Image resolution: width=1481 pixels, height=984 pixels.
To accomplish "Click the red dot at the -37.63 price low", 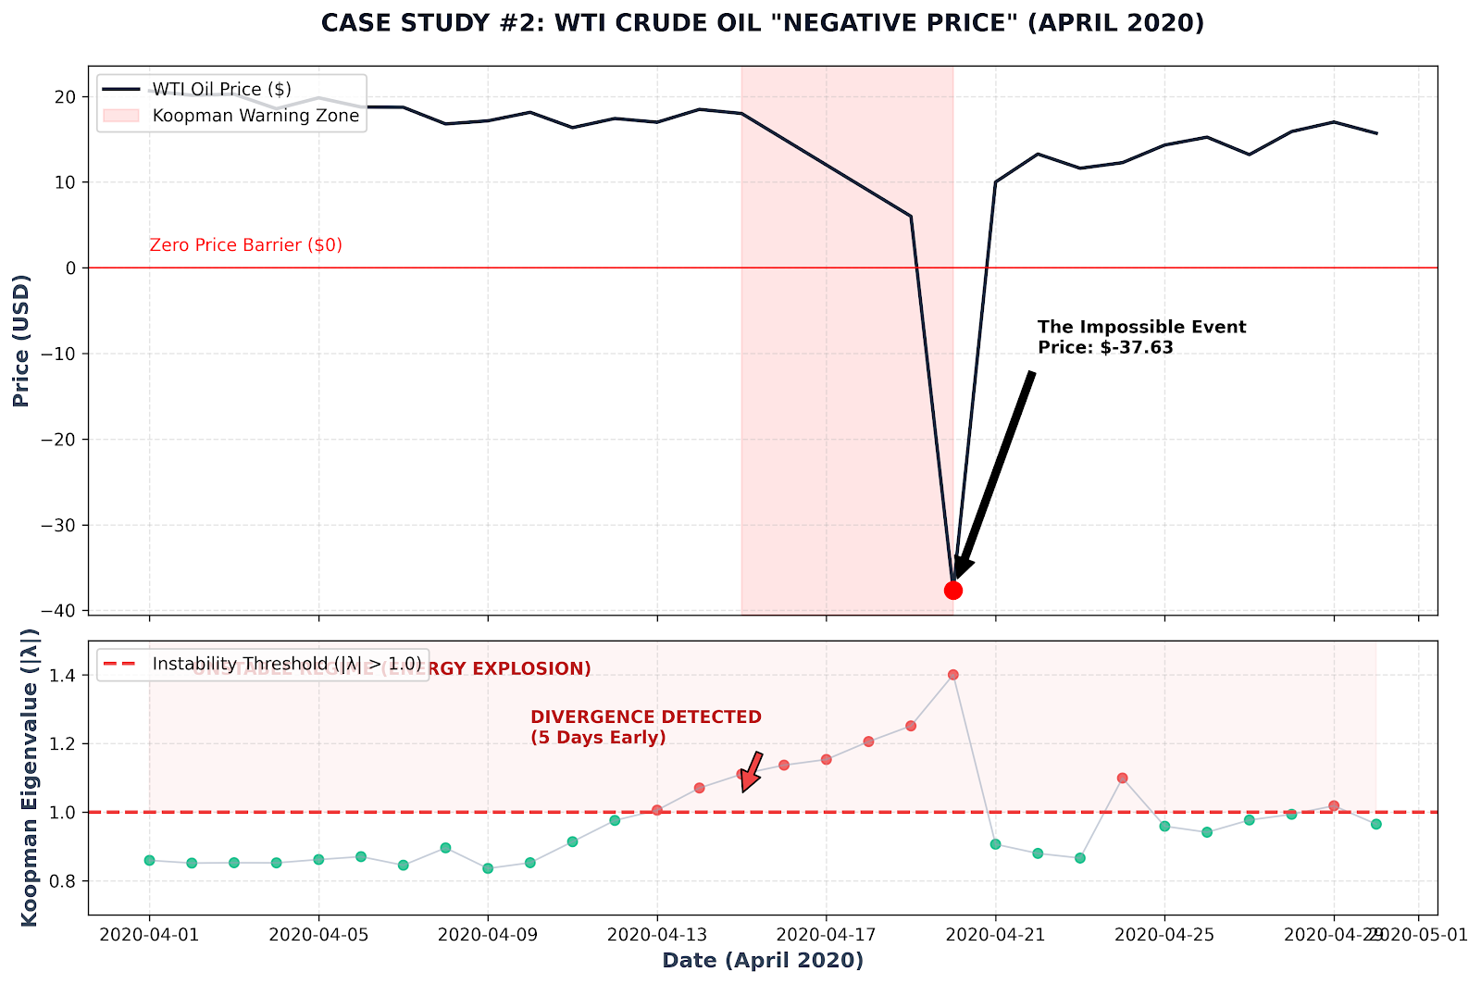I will pos(952,591).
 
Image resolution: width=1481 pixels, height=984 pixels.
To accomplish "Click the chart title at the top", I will pos(763,23).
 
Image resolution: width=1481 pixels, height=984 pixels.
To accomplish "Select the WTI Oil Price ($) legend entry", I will pos(221,89).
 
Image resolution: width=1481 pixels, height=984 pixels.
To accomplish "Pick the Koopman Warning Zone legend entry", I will pos(255,116).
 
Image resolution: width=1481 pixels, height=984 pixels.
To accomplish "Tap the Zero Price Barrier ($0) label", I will pos(245,245).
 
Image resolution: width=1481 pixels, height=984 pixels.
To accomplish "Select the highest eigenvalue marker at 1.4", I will pos(952,675).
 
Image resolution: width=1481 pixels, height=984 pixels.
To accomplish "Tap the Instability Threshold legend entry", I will pos(286,664).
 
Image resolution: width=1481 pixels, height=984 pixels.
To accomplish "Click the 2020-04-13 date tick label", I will pos(656,935).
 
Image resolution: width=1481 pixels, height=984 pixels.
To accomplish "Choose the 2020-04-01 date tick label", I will pos(149,935).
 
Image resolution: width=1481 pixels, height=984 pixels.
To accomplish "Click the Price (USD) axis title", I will pos(22,340).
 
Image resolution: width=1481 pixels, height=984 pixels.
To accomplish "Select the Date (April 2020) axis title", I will pos(763,961).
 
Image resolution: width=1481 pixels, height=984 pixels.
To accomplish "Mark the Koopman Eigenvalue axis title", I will pos(30,777).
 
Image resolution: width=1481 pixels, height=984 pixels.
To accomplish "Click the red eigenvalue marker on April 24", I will pos(1122,778).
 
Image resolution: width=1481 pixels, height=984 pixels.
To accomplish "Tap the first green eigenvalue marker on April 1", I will pos(149,860).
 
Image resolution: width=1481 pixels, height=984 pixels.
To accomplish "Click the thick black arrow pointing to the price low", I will pos(995,472).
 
